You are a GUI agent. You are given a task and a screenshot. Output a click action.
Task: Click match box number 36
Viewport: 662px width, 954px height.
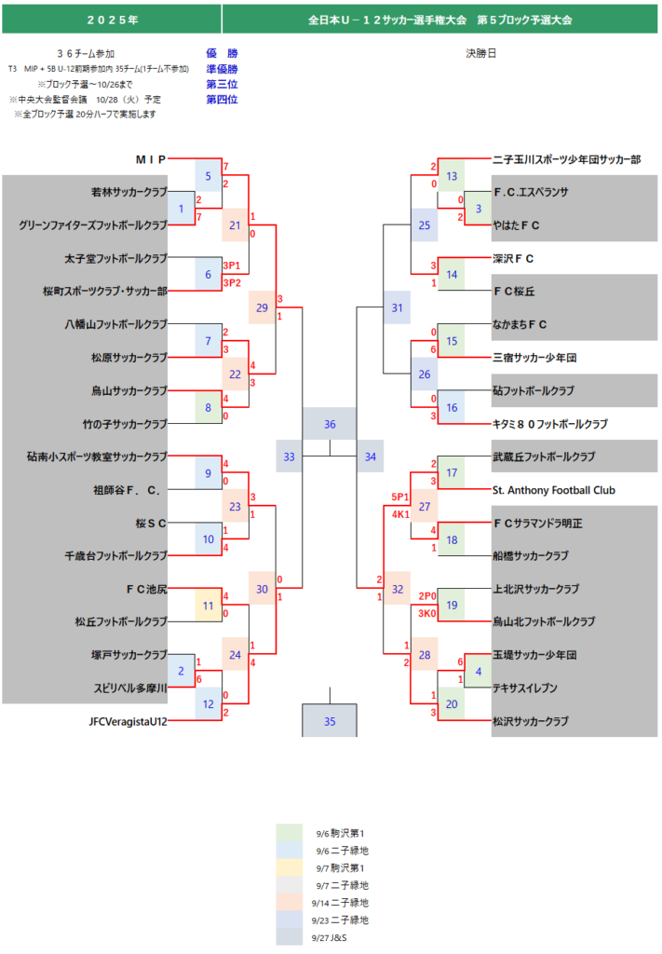pos(330,424)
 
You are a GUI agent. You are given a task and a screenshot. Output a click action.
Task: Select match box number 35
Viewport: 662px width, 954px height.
pos(330,721)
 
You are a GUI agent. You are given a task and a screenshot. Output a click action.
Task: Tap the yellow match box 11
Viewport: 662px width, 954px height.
pos(209,605)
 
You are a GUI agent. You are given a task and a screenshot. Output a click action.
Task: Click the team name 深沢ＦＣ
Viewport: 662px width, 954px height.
pos(513,258)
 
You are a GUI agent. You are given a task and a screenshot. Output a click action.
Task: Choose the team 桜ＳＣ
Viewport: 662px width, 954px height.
pos(149,523)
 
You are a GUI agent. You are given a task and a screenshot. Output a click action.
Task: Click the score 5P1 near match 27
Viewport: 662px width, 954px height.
pos(400,497)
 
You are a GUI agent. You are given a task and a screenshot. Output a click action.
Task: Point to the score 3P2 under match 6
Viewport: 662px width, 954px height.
pos(231,282)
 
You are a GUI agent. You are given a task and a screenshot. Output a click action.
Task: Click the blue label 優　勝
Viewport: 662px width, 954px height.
pos(222,53)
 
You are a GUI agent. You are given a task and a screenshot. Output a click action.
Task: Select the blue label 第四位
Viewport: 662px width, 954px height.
pos(222,99)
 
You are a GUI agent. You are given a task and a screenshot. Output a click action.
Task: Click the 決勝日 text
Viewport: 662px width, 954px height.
pos(480,53)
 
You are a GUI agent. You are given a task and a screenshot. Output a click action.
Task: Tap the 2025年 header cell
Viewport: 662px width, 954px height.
pos(111,19)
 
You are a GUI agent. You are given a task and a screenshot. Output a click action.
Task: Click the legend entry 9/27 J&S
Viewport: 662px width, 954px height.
pos(331,937)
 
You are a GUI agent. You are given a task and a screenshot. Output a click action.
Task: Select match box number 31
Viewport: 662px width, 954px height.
pos(398,307)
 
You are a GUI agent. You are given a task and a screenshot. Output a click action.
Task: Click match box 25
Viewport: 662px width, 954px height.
pos(425,225)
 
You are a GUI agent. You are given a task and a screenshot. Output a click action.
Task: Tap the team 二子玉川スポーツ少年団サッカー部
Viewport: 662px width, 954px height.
pos(566,159)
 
